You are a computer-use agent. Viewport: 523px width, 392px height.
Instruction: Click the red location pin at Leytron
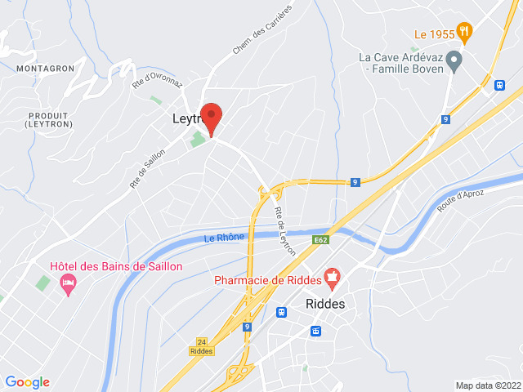click(212, 117)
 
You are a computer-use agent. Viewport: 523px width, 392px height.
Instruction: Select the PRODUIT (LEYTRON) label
click(48, 119)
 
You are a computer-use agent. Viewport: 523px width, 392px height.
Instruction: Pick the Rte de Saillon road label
click(147, 168)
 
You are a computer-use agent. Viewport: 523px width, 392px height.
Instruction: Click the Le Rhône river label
click(224, 238)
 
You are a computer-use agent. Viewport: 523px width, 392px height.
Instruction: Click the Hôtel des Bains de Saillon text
click(116, 266)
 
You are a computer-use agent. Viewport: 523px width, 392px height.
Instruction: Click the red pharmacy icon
click(332, 280)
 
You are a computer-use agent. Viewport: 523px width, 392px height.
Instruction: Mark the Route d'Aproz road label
click(461, 201)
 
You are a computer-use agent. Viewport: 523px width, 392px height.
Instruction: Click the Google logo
click(27, 381)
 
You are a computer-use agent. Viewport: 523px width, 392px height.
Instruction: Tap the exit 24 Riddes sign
click(201, 346)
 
